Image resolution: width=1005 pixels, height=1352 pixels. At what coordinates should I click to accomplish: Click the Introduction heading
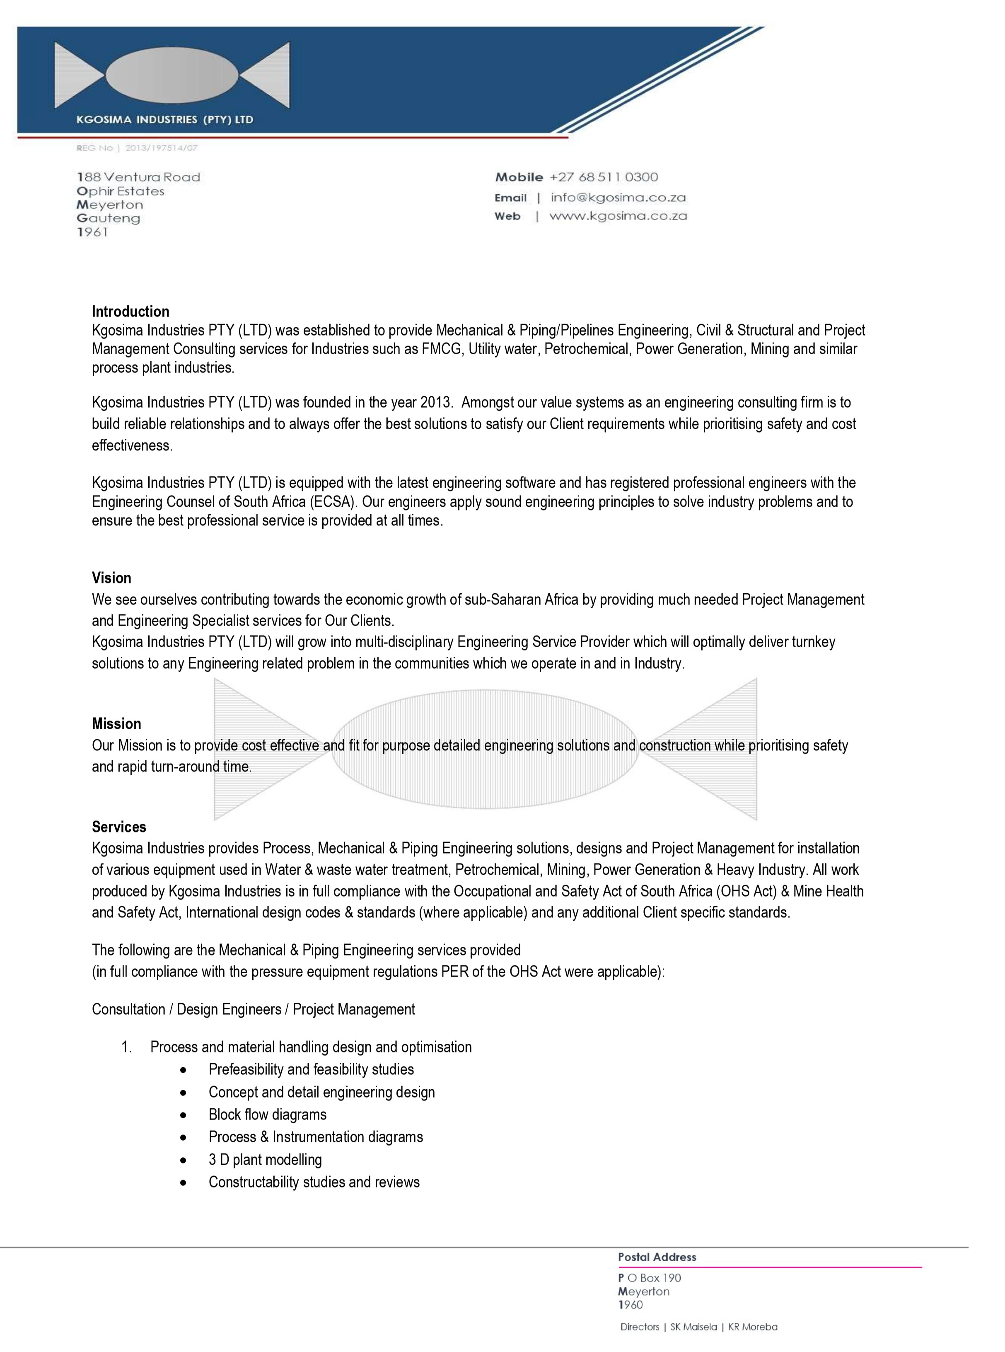(130, 312)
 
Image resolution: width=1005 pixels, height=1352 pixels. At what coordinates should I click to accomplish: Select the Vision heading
(111, 578)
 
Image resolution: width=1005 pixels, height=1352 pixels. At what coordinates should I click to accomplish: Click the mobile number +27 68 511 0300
(604, 177)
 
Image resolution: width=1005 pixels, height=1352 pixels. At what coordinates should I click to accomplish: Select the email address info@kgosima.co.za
(618, 198)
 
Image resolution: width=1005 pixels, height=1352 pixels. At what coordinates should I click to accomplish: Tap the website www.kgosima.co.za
(618, 216)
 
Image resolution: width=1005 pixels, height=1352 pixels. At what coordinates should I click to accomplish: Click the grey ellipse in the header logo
(172, 74)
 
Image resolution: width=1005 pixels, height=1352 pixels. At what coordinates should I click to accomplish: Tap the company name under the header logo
(164, 120)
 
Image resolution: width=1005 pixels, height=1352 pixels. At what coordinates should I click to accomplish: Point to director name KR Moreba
(753, 1327)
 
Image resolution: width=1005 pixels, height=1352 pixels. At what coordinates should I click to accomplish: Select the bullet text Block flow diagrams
(267, 1114)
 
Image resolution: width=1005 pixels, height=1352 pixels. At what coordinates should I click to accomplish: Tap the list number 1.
(126, 1047)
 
